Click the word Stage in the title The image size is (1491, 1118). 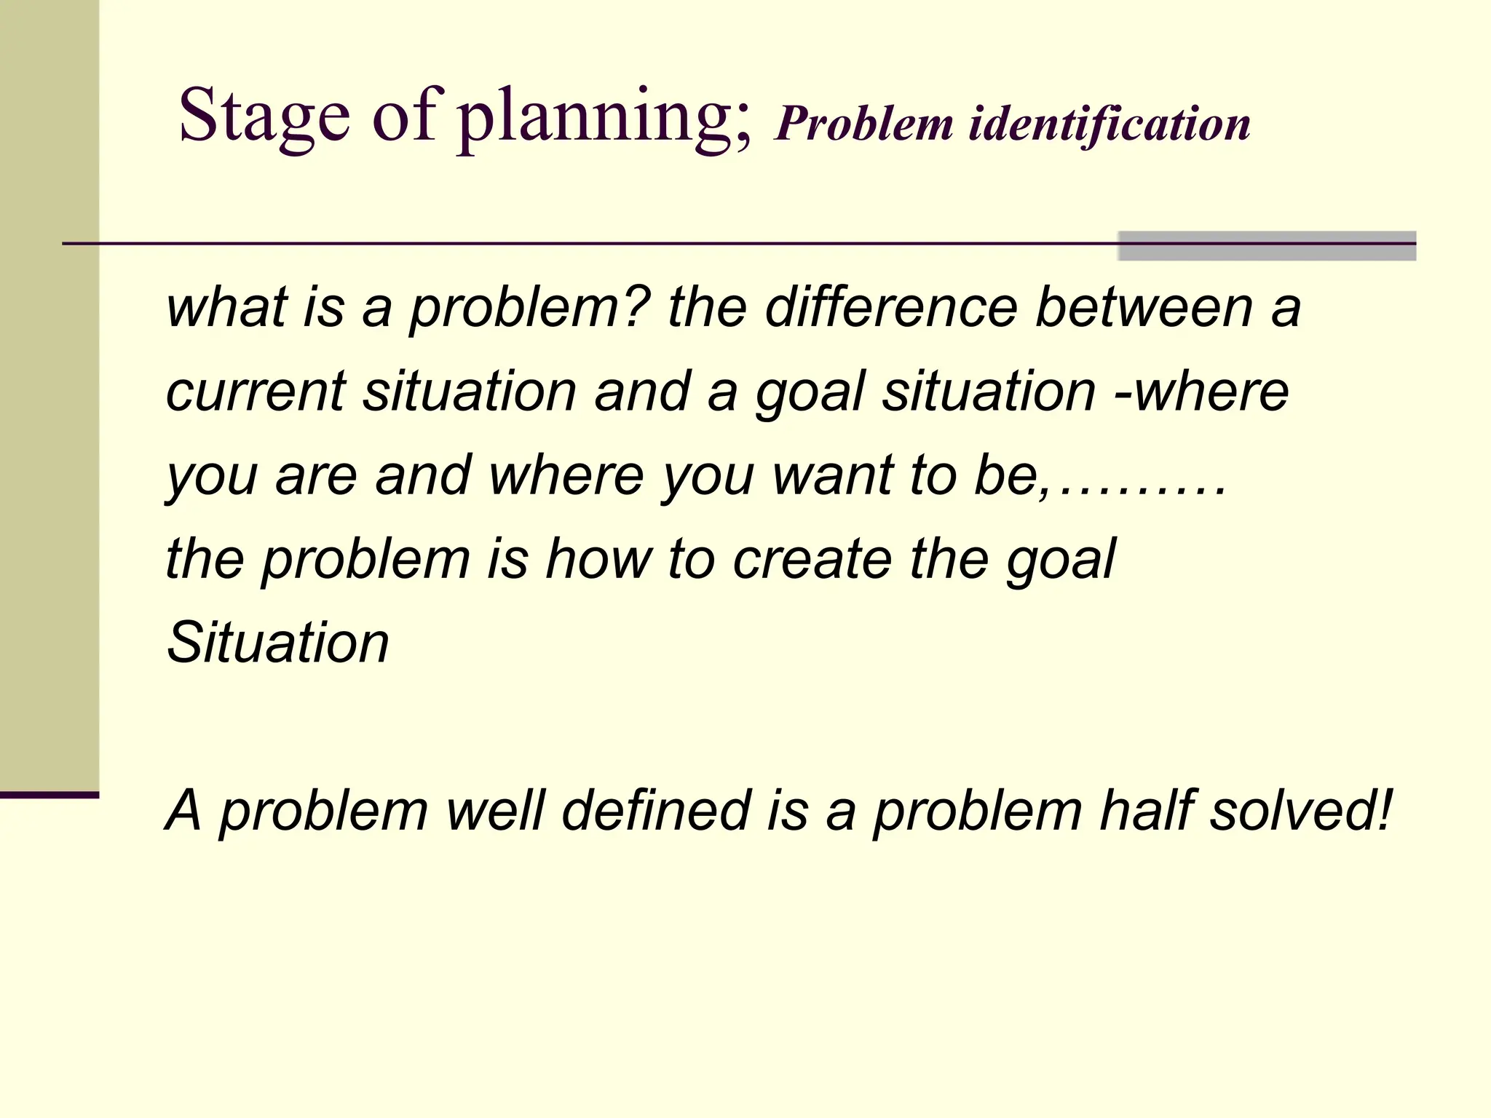(x=264, y=116)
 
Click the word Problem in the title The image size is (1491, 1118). (x=863, y=124)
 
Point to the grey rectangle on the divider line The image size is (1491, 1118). (x=1267, y=246)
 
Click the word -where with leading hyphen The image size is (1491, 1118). (x=1201, y=392)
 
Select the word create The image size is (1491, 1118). (x=812, y=559)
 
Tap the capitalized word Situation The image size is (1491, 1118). (x=277, y=643)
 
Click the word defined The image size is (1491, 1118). (x=655, y=811)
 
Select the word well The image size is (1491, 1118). (x=495, y=811)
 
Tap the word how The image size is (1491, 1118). (x=597, y=559)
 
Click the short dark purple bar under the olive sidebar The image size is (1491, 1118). (x=49, y=795)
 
